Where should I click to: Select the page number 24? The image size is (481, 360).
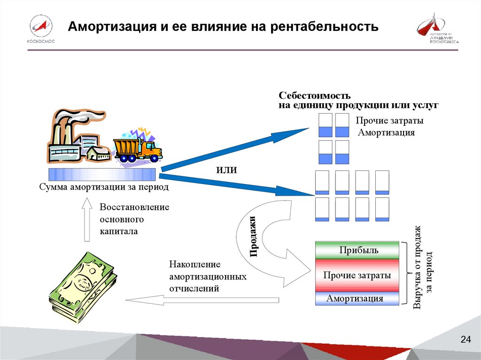click(465, 340)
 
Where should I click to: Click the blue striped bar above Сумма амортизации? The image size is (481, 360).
click(102, 175)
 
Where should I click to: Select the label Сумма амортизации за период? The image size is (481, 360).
click(104, 188)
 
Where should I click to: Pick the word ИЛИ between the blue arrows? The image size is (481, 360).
click(226, 170)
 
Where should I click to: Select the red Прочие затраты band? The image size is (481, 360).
click(357, 276)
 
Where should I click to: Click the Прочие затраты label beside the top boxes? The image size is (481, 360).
click(389, 121)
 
